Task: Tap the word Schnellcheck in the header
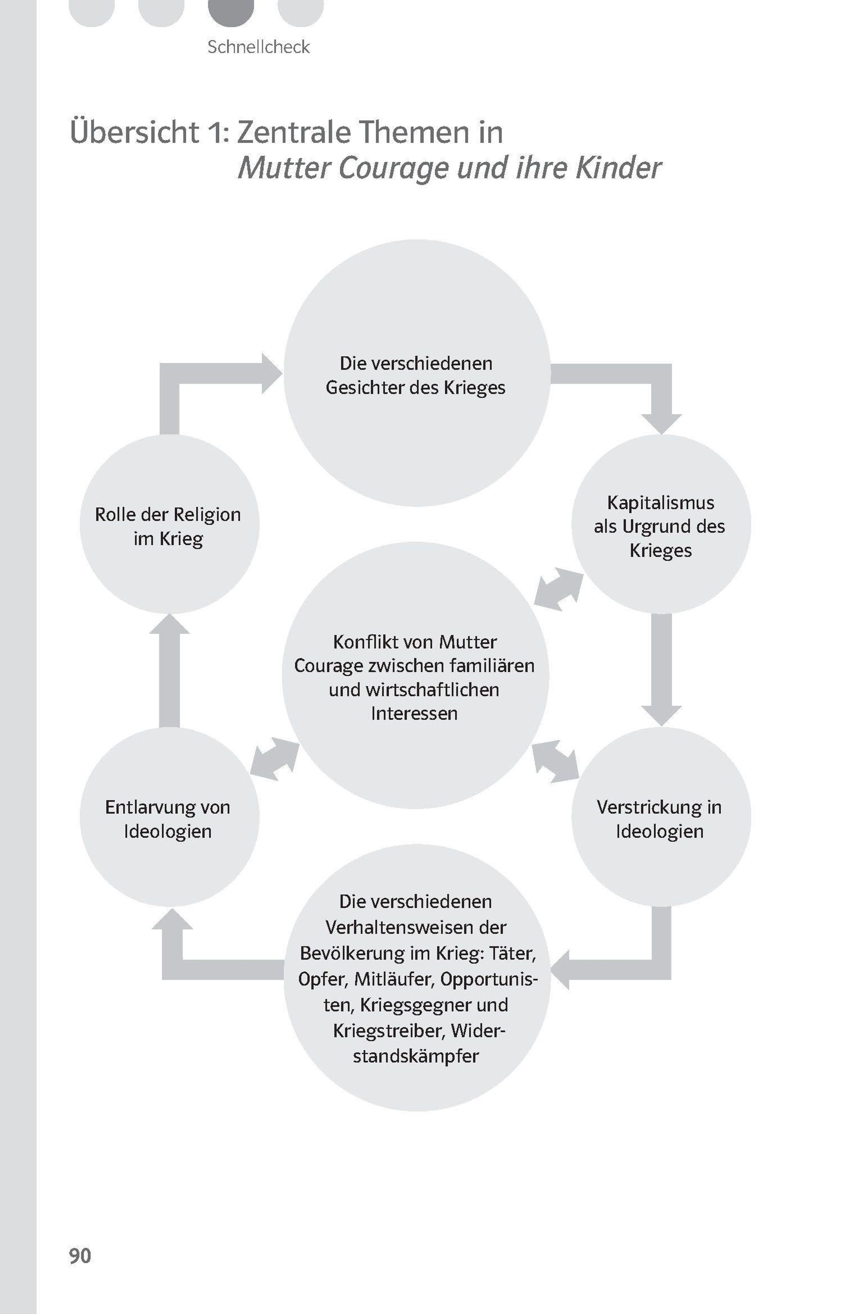(x=258, y=47)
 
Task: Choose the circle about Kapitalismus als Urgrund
(x=661, y=525)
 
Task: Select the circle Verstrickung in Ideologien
(x=661, y=817)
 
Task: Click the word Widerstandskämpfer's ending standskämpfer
(x=416, y=1056)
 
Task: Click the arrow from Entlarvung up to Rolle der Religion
(x=169, y=670)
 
